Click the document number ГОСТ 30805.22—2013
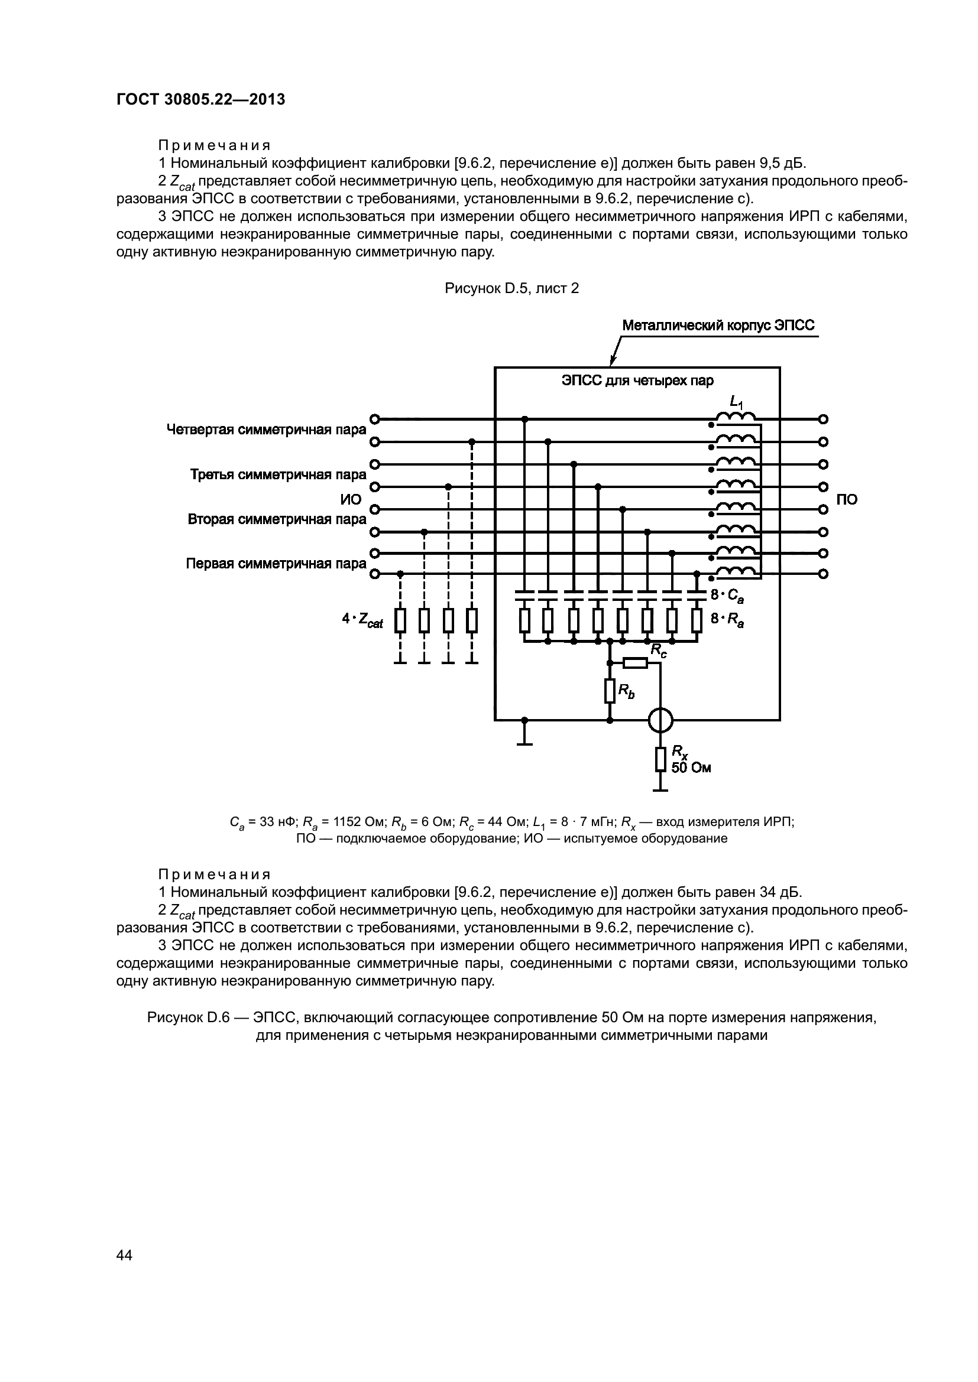coord(200,99)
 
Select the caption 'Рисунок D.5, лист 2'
coord(511,288)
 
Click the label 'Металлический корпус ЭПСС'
coord(718,326)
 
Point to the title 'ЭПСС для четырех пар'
coord(637,381)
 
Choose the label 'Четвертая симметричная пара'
coord(266,430)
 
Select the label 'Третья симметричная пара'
coord(278,474)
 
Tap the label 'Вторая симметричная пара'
coord(277,519)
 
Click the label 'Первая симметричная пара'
coord(276,564)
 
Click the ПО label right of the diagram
coord(847,500)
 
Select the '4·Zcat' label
coord(362,619)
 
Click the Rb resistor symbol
coord(610,691)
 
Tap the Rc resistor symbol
coord(634,663)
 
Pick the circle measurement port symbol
coord(660,719)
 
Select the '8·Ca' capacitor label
coord(727,596)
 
